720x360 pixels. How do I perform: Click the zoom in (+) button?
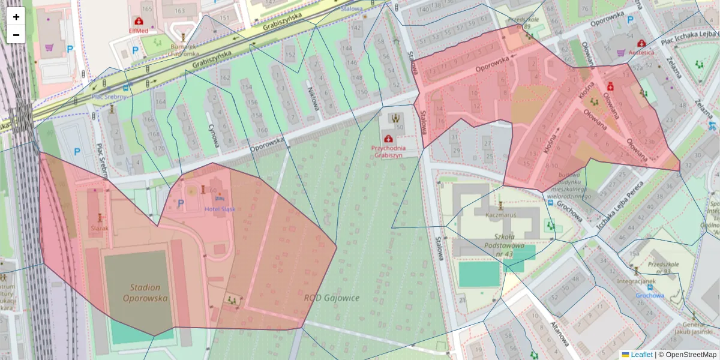coord(16,17)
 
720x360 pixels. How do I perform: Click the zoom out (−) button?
coord(16,35)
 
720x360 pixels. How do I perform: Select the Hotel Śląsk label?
coord(220,209)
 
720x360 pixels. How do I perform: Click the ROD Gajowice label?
coord(331,298)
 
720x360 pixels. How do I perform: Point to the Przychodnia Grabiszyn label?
coord(389,151)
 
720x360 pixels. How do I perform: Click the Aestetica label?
coord(641,52)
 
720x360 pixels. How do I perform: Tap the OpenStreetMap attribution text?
coord(691,355)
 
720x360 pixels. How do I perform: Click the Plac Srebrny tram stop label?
coord(109,97)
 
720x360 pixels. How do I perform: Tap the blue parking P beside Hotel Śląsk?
coord(181,203)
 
